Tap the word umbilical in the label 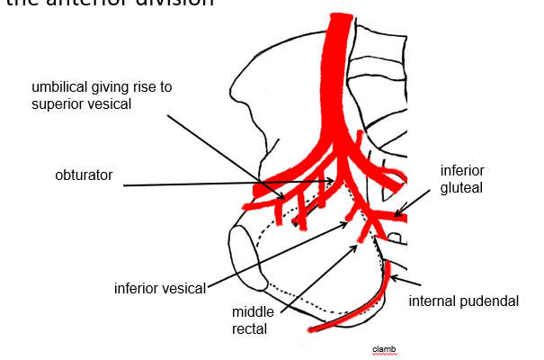[60, 86]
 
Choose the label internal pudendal [464, 301]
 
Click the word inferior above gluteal [460, 169]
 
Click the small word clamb [384, 348]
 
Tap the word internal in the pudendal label [436, 301]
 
